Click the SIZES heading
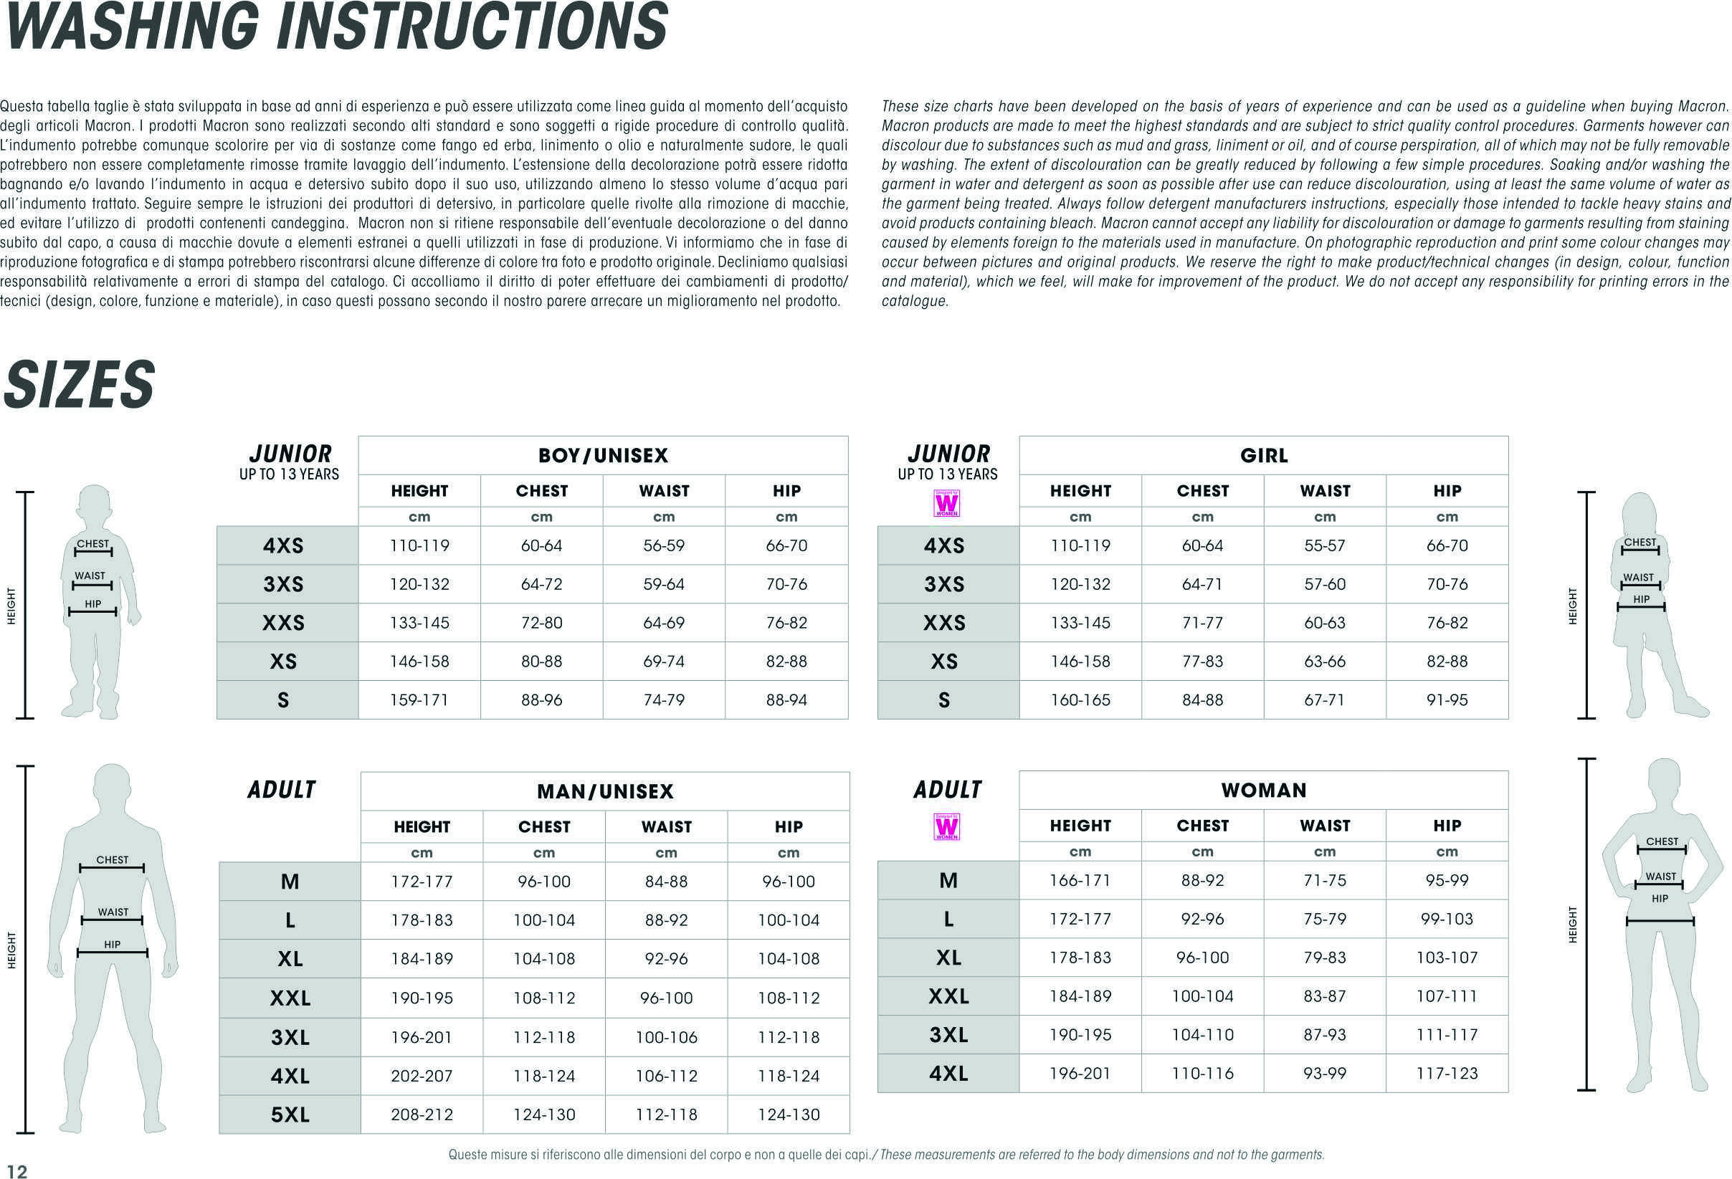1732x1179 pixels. click(x=79, y=385)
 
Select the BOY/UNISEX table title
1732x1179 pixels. click(x=603, y=455)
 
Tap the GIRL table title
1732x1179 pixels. click(x=1263, y=455)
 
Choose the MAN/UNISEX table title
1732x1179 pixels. click(x=605, y=791)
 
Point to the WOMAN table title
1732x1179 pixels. click(x=1263, y=790)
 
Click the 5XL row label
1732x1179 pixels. click(x=290, y=1114)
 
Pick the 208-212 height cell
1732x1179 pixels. click(x=422, y=1114)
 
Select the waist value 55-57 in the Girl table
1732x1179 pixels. click(x=1324, y=545)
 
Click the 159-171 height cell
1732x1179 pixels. click(x=419, y=700)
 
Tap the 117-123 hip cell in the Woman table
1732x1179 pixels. click(x=1447, y=1073)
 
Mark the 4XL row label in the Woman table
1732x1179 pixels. click(x=948, y=1073)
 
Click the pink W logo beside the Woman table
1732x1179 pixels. click(x=946, y=827)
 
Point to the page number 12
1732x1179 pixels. click(x=16, y=1172)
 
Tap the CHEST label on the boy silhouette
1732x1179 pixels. click(x=93, y=544)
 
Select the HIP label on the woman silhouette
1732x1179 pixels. click(x=1660, y=899)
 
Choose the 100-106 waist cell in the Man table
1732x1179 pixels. click(x=666, y=1036)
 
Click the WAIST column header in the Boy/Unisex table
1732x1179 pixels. click(x=663, y=490)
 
